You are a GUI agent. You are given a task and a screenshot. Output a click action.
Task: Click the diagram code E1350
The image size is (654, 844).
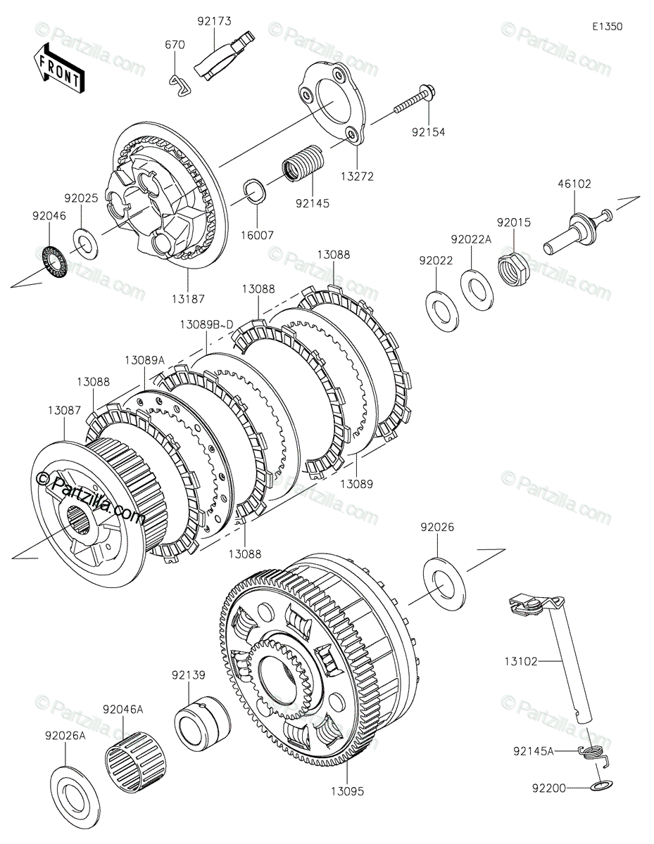click(606, 27)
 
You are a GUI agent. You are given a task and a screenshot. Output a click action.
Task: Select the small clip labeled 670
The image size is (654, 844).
click(181, 84)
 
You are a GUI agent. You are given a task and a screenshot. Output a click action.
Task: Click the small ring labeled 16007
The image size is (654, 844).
click(256, 191)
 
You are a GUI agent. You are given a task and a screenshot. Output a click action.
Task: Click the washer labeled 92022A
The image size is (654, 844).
click(476, 286)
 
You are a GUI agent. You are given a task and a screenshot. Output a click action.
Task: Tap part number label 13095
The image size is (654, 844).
click(347, 791)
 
